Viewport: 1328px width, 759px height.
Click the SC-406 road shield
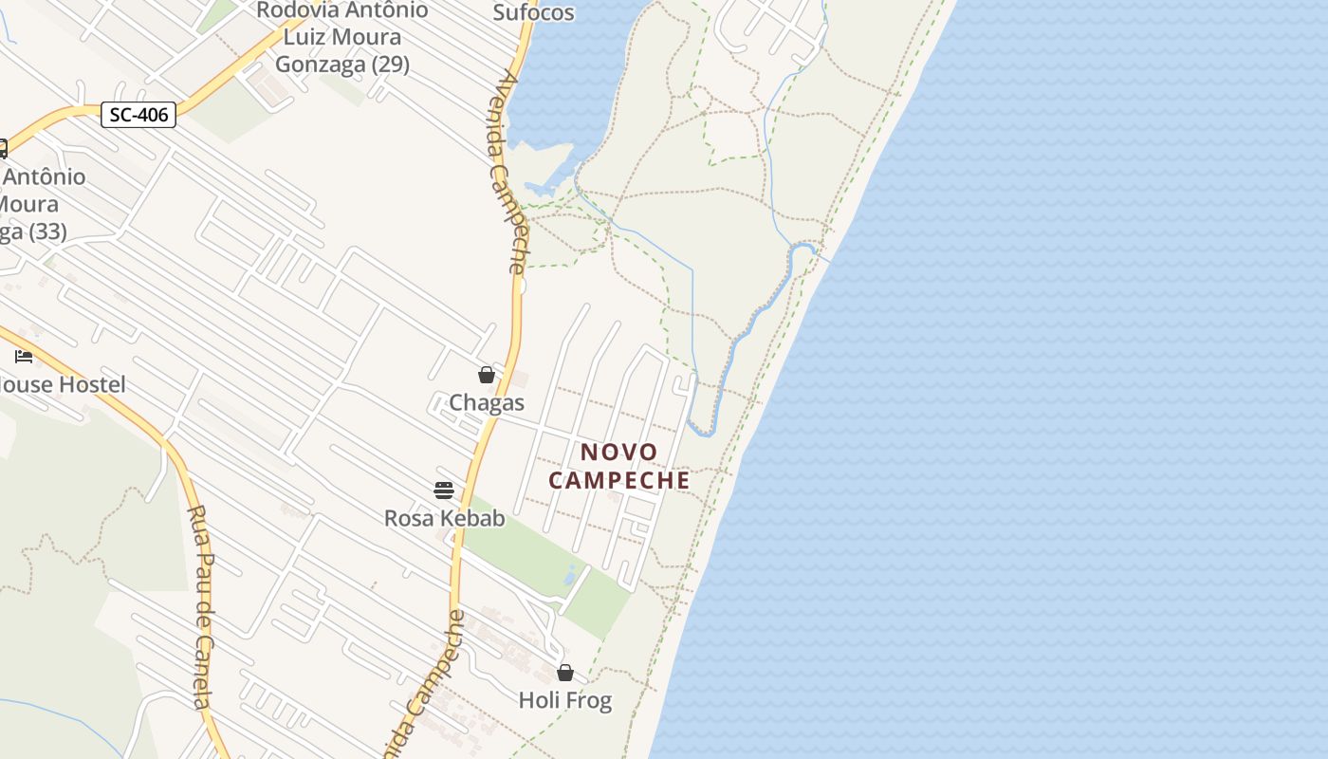138,115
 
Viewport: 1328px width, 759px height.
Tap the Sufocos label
533,12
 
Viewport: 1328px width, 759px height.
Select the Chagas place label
487,402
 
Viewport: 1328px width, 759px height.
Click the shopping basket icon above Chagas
487,375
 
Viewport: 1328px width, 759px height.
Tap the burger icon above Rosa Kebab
444,490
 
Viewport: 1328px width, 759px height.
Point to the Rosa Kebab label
444,518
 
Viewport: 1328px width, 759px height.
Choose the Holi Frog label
565,700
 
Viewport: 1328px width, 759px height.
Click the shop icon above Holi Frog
565,673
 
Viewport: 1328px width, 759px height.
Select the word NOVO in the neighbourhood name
618,453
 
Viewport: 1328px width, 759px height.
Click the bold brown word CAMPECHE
619,480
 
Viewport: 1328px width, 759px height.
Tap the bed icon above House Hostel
24,357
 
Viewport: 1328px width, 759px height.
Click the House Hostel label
63,384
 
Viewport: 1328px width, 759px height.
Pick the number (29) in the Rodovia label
389,65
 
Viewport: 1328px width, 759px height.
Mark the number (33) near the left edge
47,231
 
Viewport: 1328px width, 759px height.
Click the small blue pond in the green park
569,575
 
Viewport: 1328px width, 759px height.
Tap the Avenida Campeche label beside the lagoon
508,172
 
